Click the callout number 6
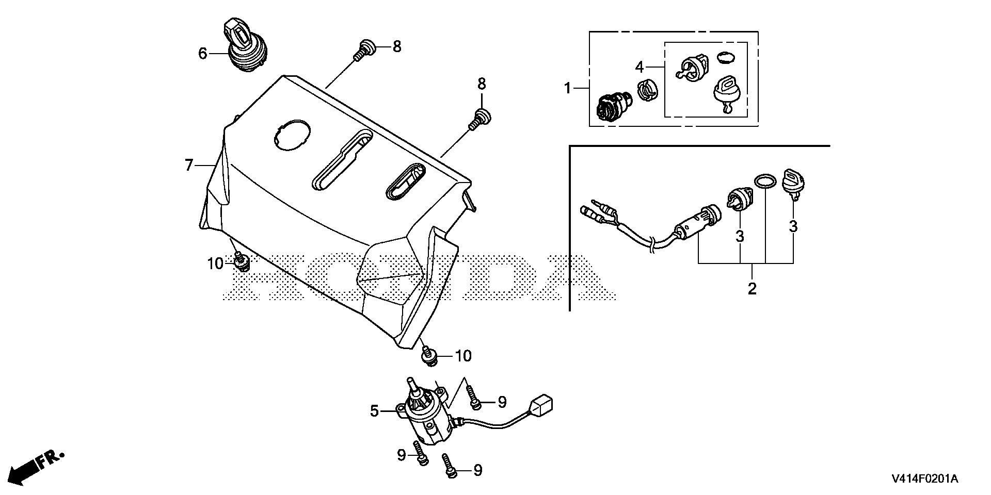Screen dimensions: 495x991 point(202,53)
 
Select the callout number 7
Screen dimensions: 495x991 point(189,165)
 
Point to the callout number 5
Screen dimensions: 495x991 point(375,411)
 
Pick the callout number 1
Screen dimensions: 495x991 point(568,89)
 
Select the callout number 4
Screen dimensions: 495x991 point(640,67)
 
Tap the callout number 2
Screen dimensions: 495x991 point(752,288)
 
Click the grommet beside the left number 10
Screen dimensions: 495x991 point(241,262)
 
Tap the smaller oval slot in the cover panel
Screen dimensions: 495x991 point(405,180)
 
